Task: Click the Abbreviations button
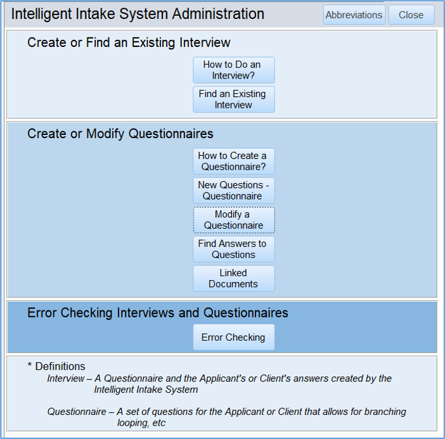point(354,15)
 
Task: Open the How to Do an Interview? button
point(233,70)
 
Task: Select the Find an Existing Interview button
point(233,99)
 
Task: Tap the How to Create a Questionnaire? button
point(233,161)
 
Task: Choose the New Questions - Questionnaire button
point(233,191)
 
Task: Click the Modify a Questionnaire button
point(233,220)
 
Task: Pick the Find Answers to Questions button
point(233,249)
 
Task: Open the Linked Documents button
point(233,279)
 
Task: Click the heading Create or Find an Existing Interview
point(129,43)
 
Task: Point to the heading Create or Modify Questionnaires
point(120,134)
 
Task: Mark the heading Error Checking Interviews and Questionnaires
point(158,313)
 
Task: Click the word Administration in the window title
point(218,13)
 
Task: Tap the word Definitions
point(60,366)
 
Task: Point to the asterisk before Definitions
point(30,365)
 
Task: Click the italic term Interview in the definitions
point(66,378)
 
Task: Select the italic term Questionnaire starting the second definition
point(77,412)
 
